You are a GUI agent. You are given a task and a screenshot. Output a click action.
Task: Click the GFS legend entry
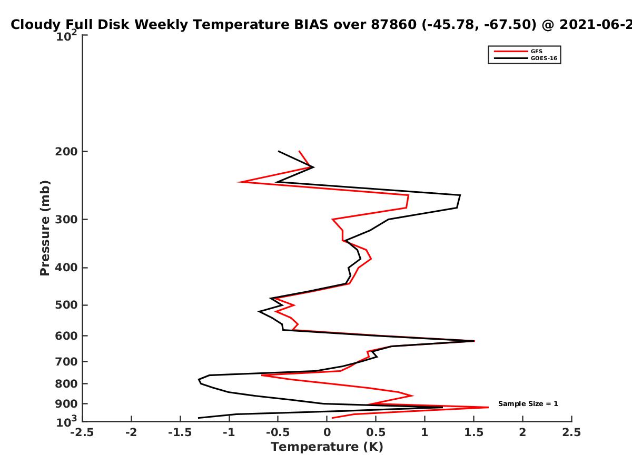pos(518,51)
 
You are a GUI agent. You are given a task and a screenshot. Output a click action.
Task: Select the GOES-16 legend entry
pos(526,58)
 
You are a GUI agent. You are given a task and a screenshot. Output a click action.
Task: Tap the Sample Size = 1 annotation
pos(528,404)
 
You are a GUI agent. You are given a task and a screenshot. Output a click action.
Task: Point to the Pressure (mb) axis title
pos(45,228)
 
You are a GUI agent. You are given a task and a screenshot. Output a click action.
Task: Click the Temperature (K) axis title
pos(327,447)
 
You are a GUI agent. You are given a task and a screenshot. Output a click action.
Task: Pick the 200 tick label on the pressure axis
pos(66,151)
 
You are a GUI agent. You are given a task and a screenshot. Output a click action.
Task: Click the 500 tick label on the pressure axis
pos(66,305)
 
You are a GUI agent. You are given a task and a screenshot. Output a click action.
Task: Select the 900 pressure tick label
pos(66,404)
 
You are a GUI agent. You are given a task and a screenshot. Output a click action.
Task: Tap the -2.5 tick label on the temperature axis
pos(82,432)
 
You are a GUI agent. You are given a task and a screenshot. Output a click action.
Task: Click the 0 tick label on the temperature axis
pos(327,432)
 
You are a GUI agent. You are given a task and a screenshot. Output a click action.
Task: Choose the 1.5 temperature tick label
pos(473,432)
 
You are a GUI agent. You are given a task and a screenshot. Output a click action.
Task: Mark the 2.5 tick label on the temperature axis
pos(571,432)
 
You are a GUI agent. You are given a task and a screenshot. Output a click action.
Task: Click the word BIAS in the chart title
pos(311,24)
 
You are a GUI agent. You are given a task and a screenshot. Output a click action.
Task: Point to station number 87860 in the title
pos(393,24)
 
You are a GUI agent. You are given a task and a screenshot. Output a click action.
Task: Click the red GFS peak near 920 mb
pos(488,407)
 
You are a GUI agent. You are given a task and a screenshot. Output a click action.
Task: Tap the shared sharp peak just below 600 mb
pos(474,341)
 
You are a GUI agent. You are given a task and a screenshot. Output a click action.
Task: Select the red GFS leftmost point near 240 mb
pos(239,182)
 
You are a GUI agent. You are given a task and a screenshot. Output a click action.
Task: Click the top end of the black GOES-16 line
pos(279,151)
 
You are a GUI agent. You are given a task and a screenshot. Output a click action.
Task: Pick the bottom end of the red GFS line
pos(332,418)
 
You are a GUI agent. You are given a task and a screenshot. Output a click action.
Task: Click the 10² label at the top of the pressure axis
pos(66,36)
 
